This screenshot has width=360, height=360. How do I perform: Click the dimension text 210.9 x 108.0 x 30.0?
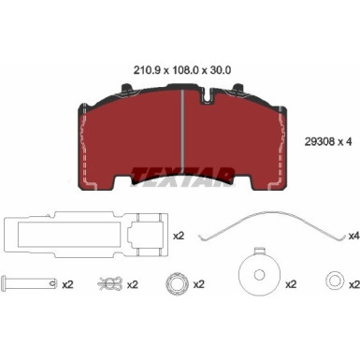[182, 70]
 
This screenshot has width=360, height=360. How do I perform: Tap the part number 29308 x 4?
[327, 142]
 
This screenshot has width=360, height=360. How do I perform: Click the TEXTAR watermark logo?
[182, 177]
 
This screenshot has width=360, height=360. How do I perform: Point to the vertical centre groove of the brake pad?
[182, 128]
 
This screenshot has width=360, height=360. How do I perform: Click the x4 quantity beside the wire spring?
[354, 237]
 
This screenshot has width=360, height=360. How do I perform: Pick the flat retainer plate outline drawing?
[86, 235]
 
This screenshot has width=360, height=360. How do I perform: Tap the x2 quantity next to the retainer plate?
[179, 236]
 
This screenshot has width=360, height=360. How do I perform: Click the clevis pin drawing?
[29, 283]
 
